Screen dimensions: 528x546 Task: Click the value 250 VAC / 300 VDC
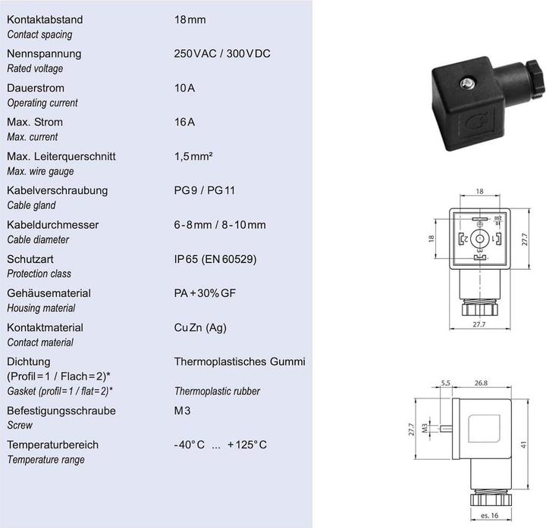pos(222,54)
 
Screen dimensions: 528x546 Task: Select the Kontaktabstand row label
pos(45,20)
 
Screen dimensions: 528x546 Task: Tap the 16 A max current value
pos(184,122)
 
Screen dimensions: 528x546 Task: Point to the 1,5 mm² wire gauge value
pos(193,156)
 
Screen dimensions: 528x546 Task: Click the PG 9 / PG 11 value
pos(205,190)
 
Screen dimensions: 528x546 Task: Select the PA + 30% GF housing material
pos(206,293)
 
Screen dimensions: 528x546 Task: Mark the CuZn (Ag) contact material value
pos(200,327)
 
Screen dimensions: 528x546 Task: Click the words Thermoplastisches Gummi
pos(240,361)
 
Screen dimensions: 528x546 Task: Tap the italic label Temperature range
pos(45,460)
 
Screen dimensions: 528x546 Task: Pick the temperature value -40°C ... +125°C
pos(220,445)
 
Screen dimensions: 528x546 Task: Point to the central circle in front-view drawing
pos(478,239)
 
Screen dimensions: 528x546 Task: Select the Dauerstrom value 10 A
pos(184,88)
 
